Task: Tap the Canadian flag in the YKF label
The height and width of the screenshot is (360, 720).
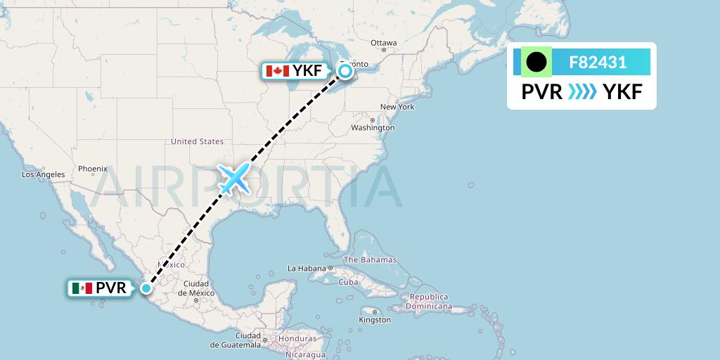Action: [277, 71]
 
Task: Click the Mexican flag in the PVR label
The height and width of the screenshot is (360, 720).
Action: [82, 288]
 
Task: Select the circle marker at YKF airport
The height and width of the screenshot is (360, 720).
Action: [345, 70]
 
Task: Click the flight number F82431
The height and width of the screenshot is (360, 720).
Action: [598, 63]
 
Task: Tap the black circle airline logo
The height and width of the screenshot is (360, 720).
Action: [536, 63]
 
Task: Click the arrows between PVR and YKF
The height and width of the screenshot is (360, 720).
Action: [581, 91]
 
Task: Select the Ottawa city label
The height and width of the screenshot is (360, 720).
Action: [384, 43]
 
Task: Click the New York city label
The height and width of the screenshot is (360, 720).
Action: [397, 107]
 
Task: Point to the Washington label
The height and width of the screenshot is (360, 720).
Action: [373, 128]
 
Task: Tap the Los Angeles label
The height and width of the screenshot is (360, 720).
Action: [44, 174]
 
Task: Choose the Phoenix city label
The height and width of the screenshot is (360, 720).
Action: [92, 169]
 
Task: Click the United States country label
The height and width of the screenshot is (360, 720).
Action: [197, 141]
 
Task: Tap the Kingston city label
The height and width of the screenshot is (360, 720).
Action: [374, 320]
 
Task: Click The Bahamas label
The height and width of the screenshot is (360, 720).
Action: [370, 259]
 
